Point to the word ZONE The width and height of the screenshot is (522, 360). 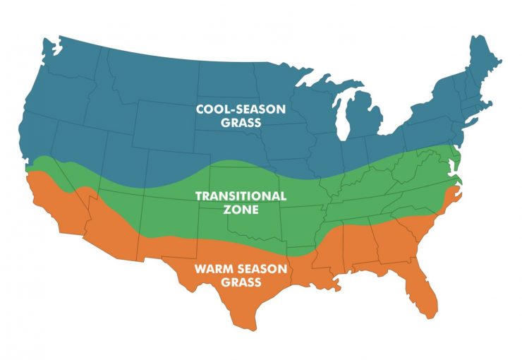[x=241, y=210]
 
